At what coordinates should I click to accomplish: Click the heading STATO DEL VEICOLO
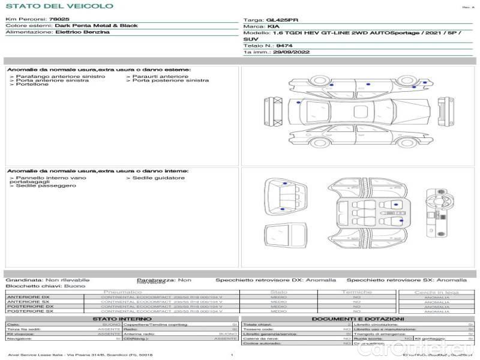(x=59, y=6)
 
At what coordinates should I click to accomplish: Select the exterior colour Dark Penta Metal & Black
(x=95, y=26)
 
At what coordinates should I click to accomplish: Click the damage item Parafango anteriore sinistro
(x=60, y=76)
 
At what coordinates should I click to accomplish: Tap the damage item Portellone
(x=32, y=85)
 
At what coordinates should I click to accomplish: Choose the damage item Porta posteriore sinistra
(x=170, y=80)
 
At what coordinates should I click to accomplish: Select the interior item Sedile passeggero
(x=46, y=186)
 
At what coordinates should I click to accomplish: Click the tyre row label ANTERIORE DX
(x=28, y=297)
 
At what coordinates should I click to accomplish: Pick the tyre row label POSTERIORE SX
(x=28, y=311)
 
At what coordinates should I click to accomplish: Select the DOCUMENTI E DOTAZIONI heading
(x=357, y=319)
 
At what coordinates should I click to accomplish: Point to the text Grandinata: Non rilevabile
(x=47, y=280)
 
